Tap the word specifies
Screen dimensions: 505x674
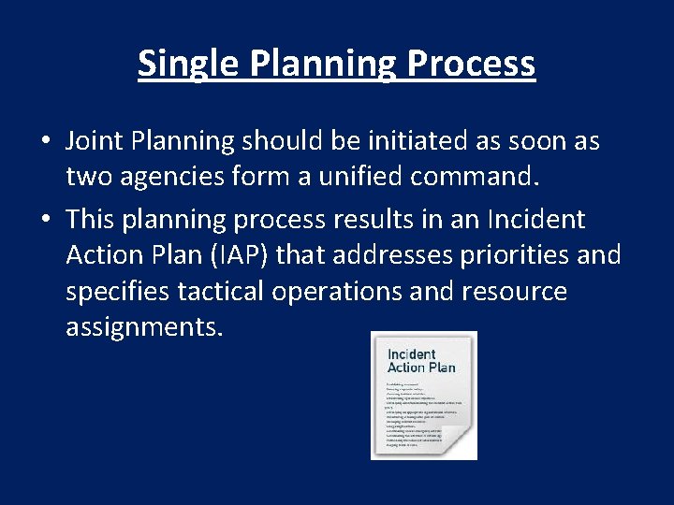(x=117, y=291)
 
